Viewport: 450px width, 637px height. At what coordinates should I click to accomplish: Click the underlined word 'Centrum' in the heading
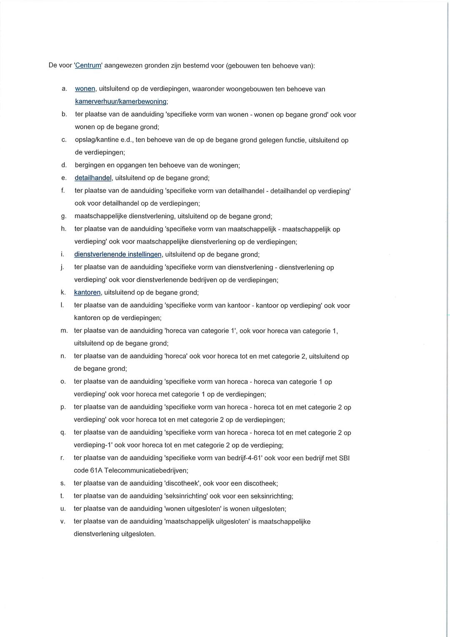88,65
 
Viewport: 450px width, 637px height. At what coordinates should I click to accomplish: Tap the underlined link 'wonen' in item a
85,89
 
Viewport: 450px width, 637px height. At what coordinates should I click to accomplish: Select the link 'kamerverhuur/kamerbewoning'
121,101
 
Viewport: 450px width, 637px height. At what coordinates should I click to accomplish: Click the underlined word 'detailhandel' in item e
93,178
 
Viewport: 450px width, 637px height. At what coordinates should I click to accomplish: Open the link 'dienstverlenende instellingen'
117,254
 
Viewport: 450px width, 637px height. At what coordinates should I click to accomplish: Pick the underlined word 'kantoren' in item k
87,292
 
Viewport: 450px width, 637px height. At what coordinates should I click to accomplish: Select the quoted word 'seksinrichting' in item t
186,496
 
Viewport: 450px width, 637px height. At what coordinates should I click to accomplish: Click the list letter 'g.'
64,217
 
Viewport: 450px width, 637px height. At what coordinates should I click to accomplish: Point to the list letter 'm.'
64,331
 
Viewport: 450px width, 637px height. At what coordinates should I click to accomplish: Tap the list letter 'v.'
63,521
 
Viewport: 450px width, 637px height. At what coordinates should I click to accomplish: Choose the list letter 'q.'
63,433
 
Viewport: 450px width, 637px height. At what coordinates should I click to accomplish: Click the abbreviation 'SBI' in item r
344,458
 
